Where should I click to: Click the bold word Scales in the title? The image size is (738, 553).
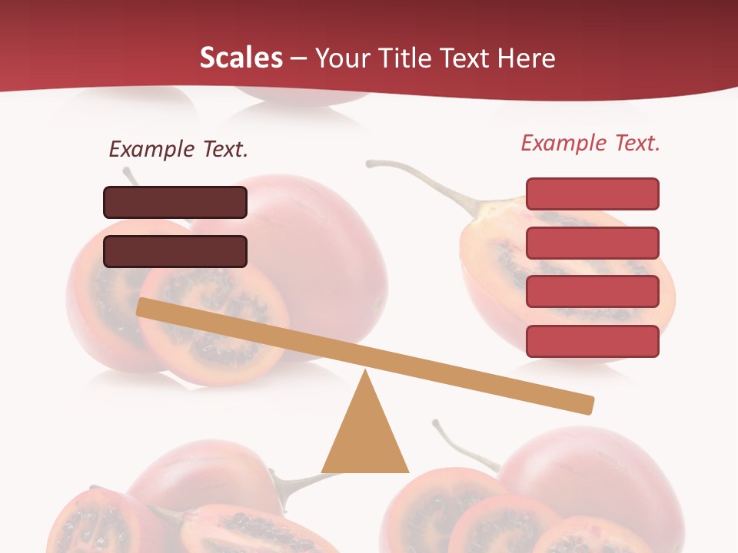point(241,58)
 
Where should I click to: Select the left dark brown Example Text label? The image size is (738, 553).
point(178,149)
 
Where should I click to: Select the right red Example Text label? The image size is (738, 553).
point(590,143)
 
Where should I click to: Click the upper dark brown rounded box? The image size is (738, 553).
point(175,203)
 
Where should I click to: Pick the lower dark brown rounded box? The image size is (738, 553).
point(175,251)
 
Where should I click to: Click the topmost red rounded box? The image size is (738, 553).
point(592,194)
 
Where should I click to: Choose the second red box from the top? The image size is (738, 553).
point(592,243)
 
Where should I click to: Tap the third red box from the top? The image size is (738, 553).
point(592,292)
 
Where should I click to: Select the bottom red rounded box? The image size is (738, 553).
point(592,341)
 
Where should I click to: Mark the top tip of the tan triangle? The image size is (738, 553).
point(366,373)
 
